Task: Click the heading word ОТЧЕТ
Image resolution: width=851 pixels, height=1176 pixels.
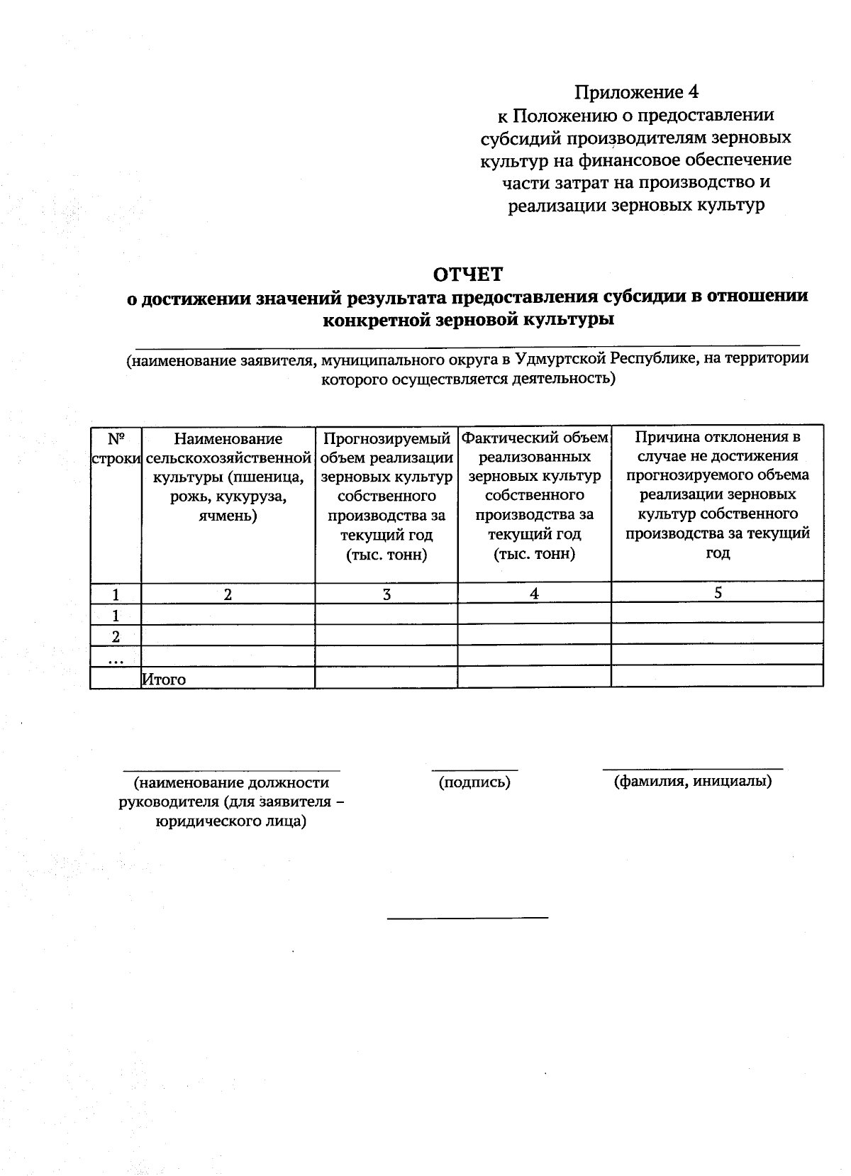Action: pos(468,274)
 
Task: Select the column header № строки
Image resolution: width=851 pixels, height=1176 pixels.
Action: pos(116,448)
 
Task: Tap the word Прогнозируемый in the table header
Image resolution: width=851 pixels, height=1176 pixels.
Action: pos(386,439)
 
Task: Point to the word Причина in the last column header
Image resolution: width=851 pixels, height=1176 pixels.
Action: pos(664,436)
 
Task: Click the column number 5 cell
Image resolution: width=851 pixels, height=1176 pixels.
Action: pos(718,593)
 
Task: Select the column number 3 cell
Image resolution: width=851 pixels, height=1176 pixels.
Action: pos(386,594)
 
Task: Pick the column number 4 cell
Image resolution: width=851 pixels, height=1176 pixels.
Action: pos(534,594)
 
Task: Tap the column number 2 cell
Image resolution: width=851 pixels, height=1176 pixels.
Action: pos(228,594)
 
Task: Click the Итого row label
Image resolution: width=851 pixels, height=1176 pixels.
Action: pos(164,679)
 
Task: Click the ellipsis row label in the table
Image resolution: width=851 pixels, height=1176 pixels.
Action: pos(116,658)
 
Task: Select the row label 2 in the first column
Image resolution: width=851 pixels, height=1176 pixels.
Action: pos(116,636)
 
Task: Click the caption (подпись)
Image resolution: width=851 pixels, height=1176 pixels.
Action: pos(474,782)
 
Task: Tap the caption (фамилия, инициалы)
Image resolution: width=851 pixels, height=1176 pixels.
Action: pos(692,781)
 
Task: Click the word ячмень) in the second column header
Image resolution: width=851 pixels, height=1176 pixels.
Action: pos(228,516)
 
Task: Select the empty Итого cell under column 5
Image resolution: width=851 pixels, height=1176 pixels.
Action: pos(717,677)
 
